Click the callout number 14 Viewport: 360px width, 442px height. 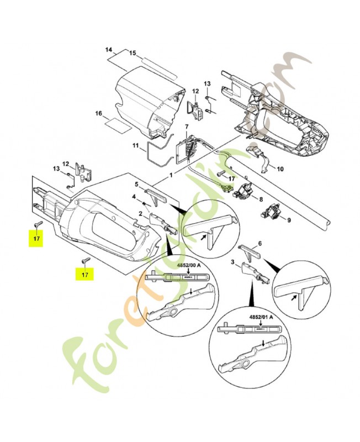109,50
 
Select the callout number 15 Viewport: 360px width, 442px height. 133,53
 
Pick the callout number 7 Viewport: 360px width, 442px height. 187,127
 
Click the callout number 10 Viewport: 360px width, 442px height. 280,169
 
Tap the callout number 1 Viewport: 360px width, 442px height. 171,175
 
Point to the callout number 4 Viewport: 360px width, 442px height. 134,197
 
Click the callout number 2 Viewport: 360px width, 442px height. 141,213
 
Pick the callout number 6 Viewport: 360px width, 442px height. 260,244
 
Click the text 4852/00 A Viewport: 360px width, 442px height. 189,265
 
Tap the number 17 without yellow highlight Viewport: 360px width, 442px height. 232,178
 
